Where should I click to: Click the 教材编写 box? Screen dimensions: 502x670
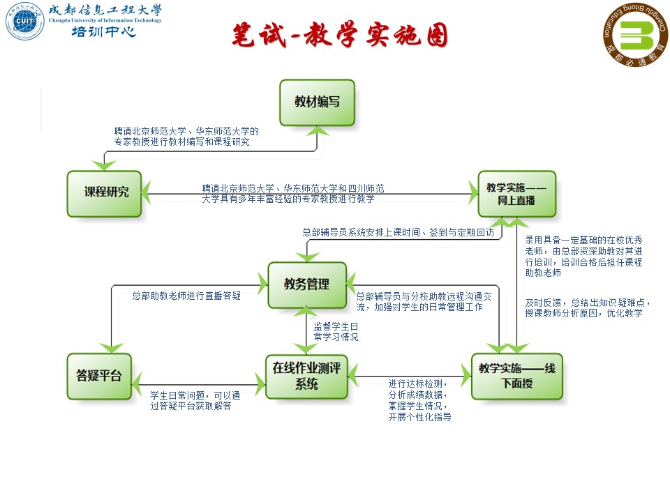317,102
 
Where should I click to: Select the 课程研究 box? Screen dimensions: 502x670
104,193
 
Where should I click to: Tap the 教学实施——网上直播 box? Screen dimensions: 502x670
516,194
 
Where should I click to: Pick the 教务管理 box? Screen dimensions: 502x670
307,284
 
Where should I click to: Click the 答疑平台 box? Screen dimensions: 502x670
98,376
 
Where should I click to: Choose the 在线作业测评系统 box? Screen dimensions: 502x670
306,376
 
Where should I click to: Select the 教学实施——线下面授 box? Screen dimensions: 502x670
516,376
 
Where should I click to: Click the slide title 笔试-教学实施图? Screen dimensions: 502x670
340,36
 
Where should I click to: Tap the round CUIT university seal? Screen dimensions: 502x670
24,22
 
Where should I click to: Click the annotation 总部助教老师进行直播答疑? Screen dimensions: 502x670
186,296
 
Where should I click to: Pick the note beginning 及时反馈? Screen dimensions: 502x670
588,308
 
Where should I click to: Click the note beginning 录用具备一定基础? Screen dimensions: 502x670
583,256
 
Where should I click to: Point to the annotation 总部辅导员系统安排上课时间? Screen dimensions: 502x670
398,233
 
